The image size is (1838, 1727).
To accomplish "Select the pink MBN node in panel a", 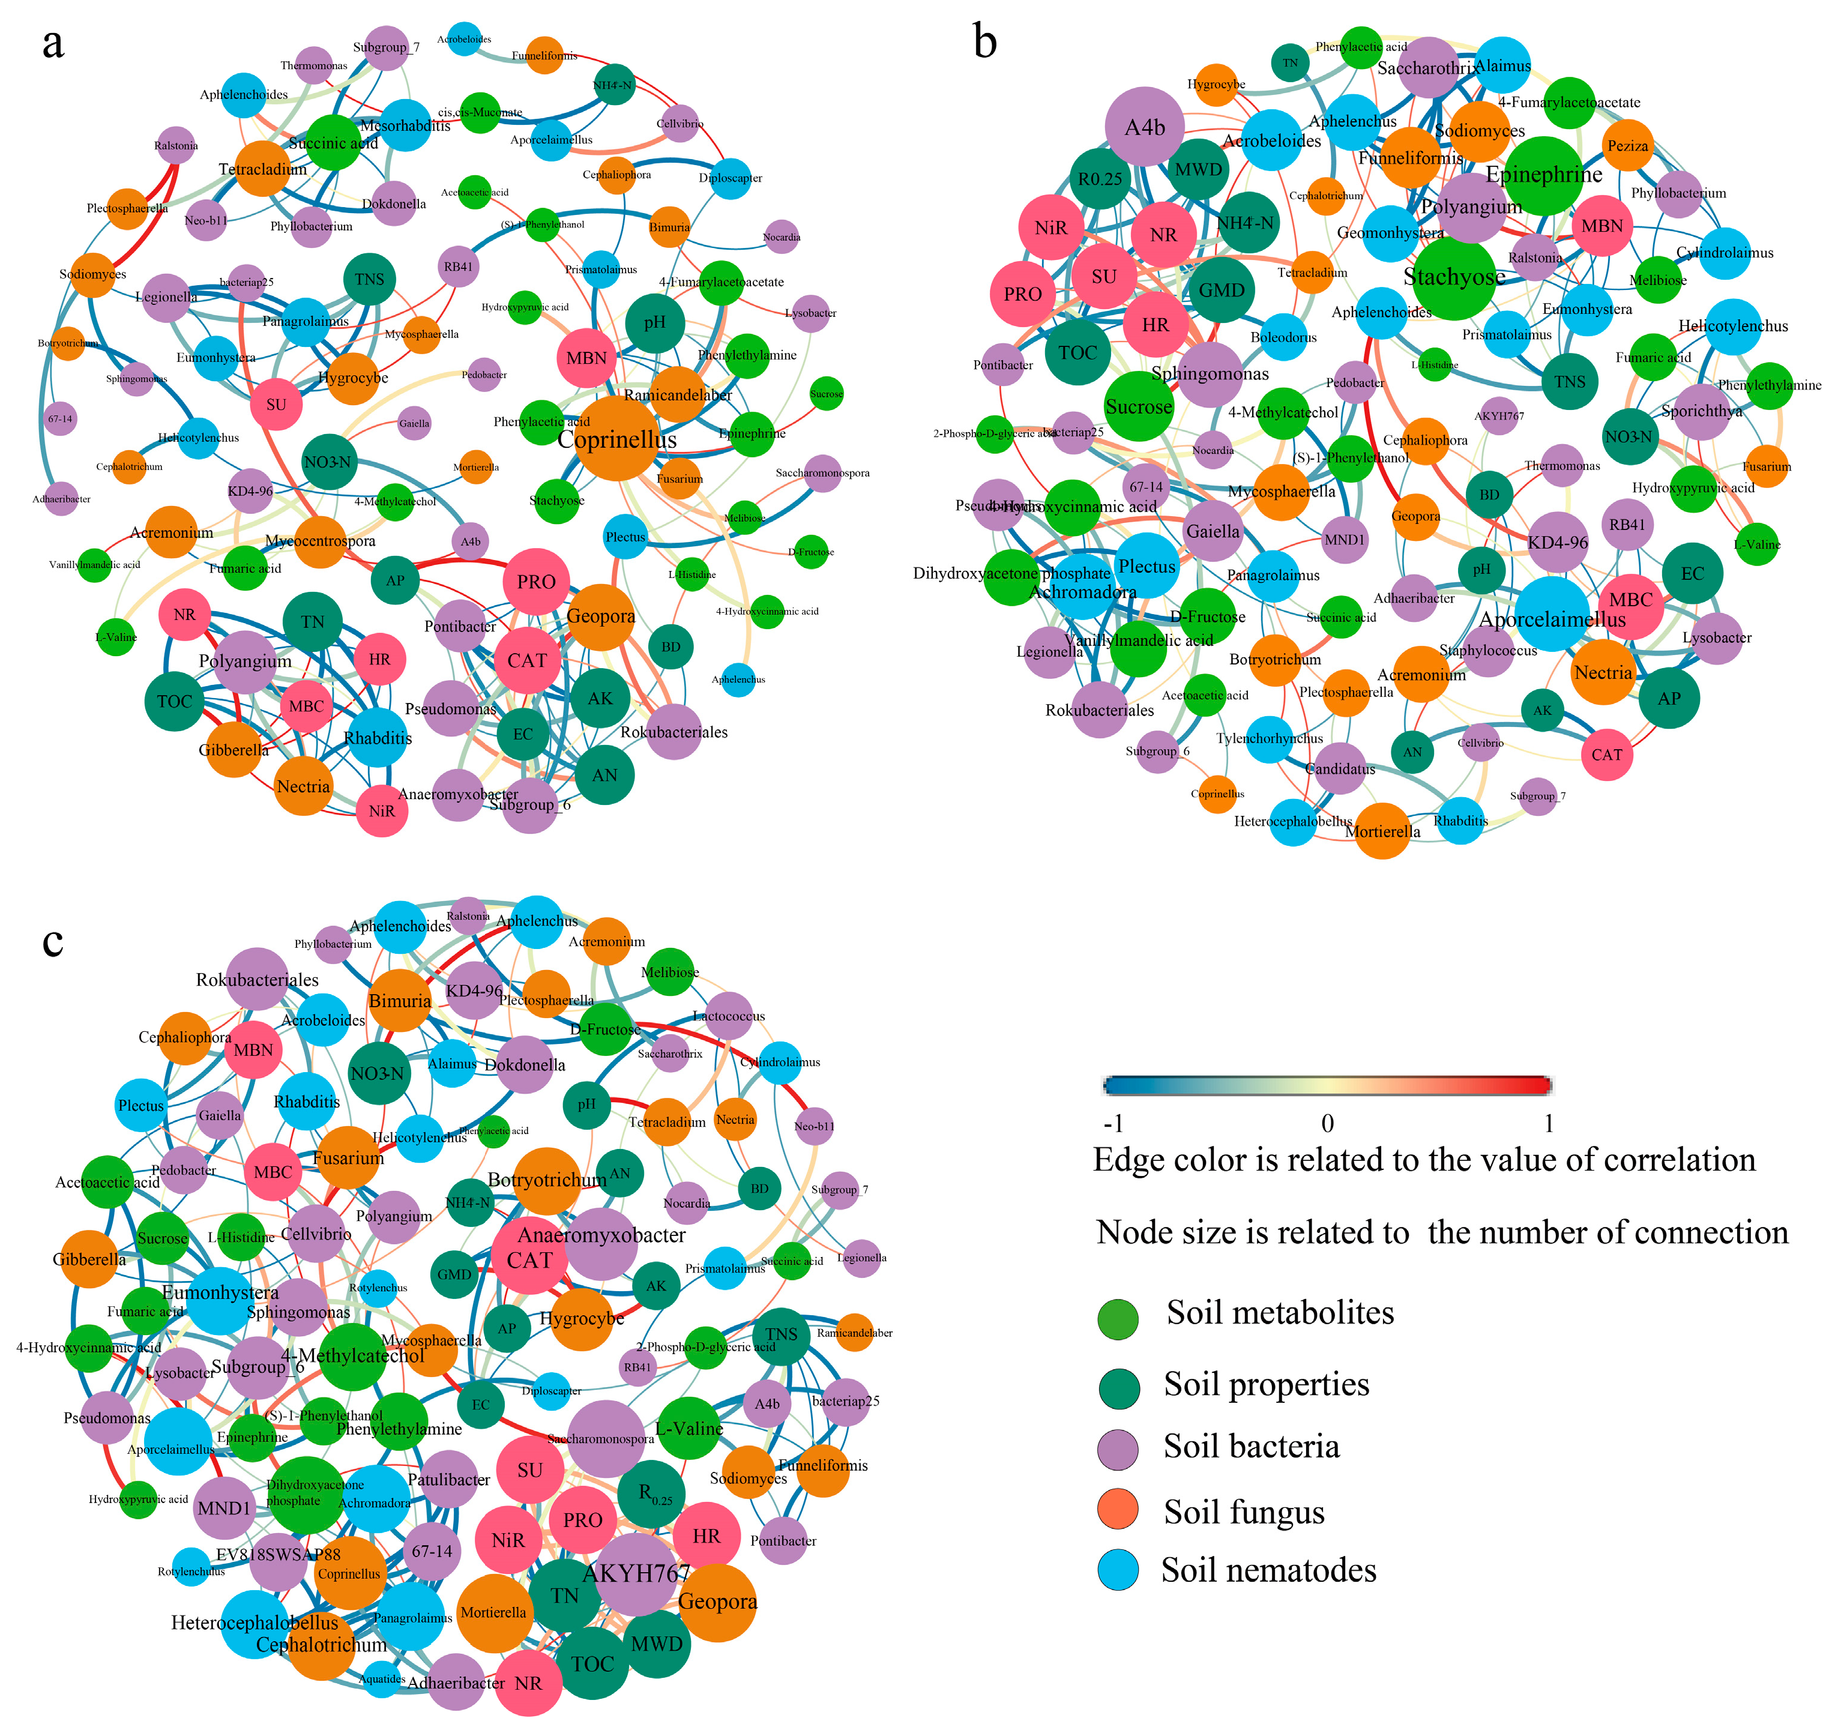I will [586, 358].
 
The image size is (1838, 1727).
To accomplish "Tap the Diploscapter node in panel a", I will [731, 178].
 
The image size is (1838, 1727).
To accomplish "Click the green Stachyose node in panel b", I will [1454, 277].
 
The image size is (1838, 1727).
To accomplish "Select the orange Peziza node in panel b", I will [1627, 145].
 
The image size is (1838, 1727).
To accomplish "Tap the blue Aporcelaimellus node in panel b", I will [1553, 618].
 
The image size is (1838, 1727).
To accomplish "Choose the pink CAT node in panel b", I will [1606, 755].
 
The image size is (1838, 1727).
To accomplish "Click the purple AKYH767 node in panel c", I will [636, 1573].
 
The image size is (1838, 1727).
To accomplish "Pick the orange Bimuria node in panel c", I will [400, 1000].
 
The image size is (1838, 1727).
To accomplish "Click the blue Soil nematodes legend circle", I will [1118, 1571].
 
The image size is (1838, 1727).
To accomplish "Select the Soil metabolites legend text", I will [1280, 1313].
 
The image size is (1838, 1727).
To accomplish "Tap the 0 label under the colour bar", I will [1328, 1123].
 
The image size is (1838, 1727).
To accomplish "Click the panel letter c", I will [53, 940].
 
